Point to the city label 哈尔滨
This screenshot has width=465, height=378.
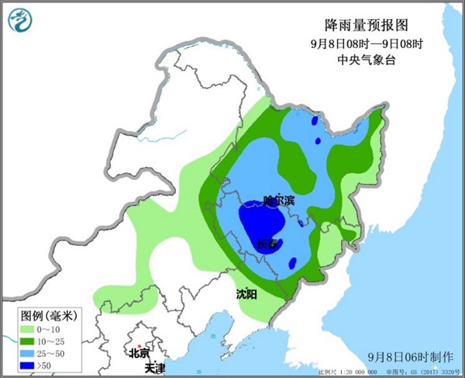tap(279, 201)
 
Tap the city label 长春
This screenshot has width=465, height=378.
tap(267, 244)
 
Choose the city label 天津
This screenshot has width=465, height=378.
tap(155, 366)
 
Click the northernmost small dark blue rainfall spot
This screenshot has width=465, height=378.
tap(314, 120)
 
